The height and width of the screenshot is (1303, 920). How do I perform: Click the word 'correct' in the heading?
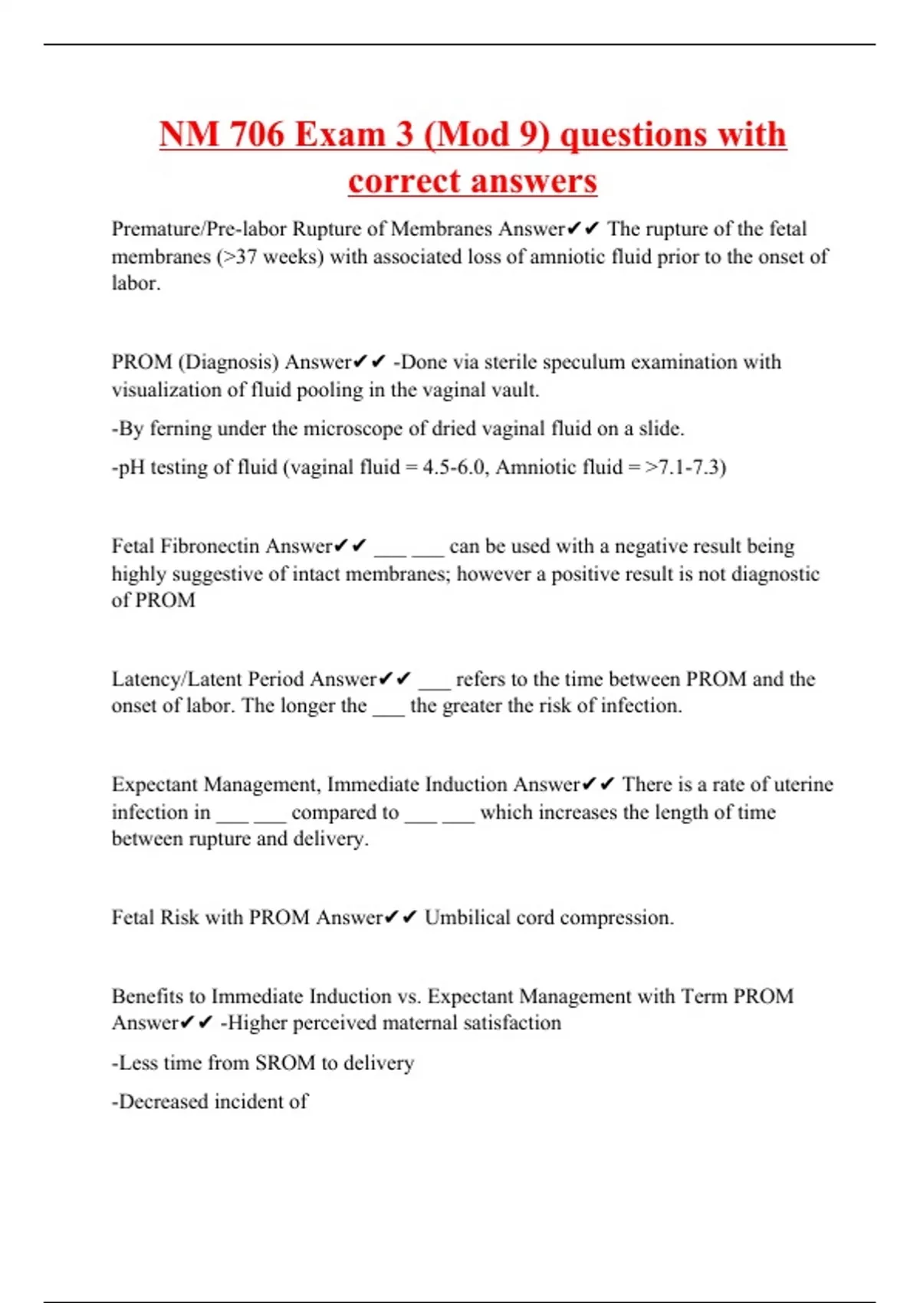point(402,181)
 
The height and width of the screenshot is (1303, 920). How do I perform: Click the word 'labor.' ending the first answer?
point(136,284)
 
